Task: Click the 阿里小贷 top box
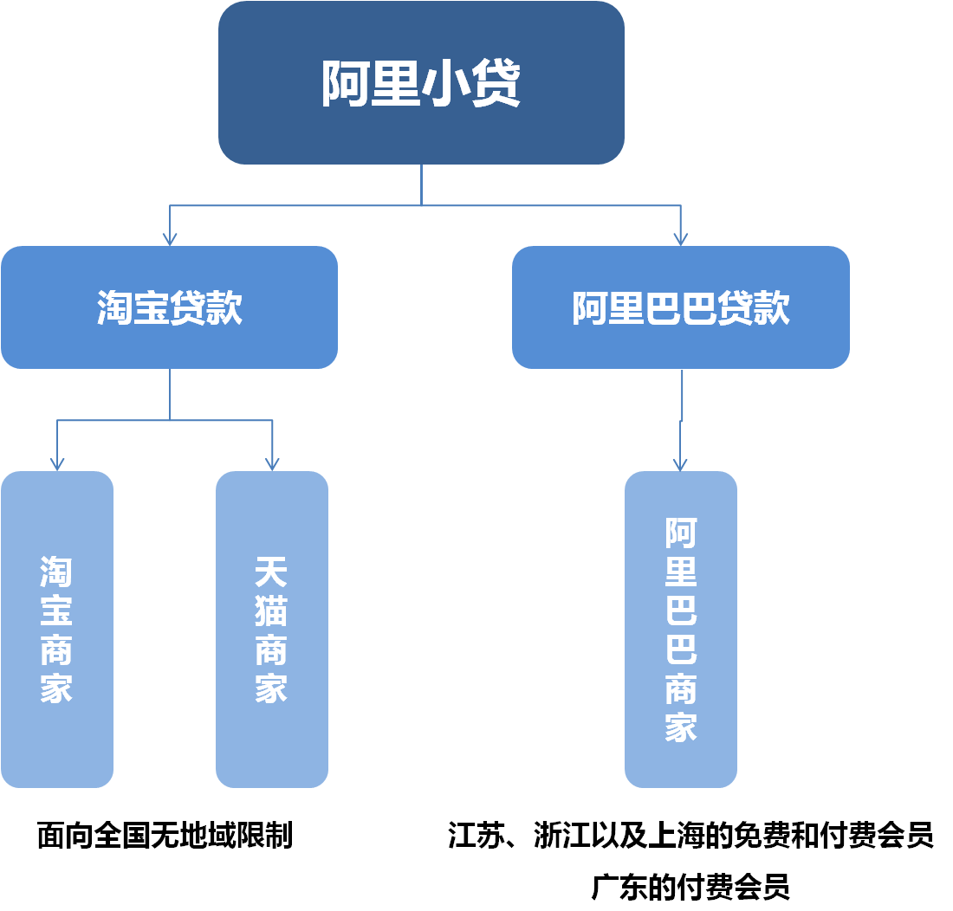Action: click(x=421, y=82)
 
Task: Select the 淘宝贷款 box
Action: click(x=169, y=307)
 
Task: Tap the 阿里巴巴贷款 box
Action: click(x=681, y=307)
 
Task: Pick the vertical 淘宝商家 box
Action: click(x=57, y=630)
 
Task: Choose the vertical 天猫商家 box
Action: click(x=272, y=630)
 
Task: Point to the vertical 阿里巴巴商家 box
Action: click(x=681, y=630)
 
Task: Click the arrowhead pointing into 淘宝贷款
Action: click(x=170, y=237)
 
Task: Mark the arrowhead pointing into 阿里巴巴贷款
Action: click(x=681, y=237)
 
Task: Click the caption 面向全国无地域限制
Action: click(x=165, y=836)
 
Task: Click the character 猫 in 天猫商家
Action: click(x=271, y=611)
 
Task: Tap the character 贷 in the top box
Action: click(x=495, y=83)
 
